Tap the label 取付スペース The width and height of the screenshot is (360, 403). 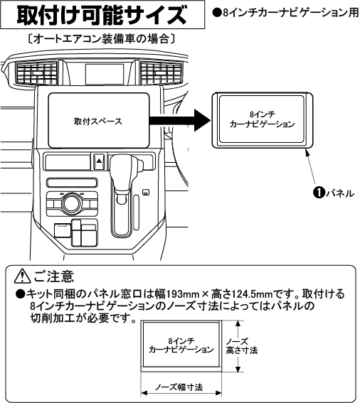click(97, 121)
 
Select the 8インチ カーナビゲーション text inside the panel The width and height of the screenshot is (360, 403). click(262, 119)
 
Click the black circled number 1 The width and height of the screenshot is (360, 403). click(319, 191)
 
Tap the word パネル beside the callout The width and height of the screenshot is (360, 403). click(339, 192)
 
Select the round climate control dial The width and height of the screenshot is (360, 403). click(70, 205)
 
